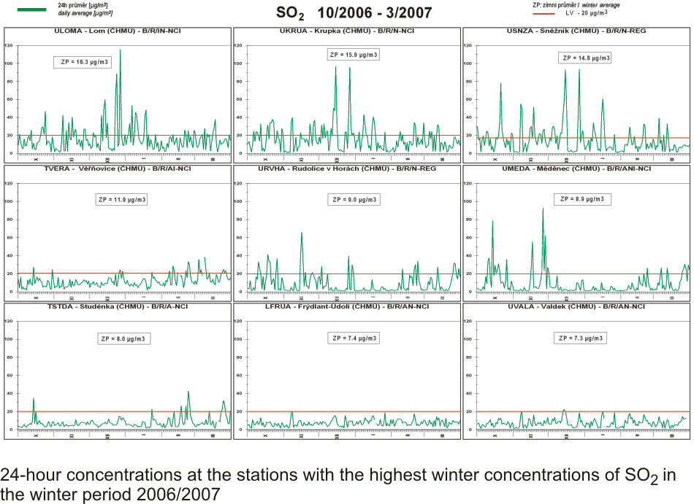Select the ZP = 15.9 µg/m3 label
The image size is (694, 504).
point(354,55)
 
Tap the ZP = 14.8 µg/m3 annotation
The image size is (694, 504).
point(584,58)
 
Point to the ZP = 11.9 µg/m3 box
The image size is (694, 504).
point(123,199)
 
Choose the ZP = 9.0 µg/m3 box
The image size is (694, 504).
point(354,199)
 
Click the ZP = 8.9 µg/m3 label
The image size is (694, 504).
point(582,198)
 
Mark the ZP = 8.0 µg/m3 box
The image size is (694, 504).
point(123,338)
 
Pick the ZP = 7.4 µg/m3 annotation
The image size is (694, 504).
point(354,338)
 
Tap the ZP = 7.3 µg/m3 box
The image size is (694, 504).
point(582,338)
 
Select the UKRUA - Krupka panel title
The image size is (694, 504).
point(348,31)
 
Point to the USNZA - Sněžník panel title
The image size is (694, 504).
point(576,31)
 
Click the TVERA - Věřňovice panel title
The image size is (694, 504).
point(118,168)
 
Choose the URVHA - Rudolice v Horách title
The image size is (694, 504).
point(347,168)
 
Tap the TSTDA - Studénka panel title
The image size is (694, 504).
point(117,306)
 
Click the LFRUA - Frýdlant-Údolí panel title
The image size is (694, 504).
point(347,306)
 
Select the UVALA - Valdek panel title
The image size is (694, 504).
point(576,306)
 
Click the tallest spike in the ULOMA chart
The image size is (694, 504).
point(121,51)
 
